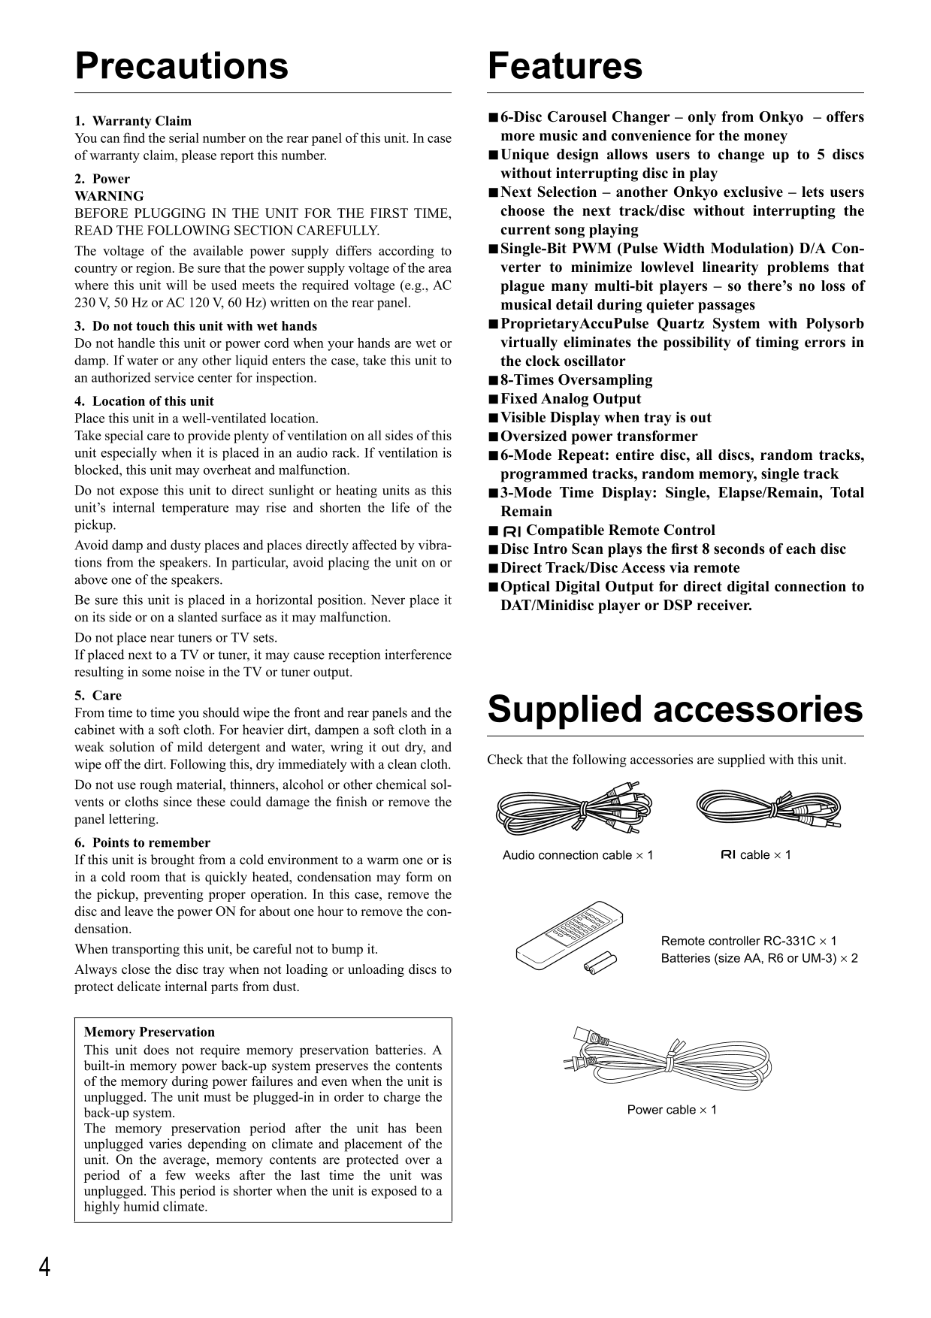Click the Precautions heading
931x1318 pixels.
pyautogui.click(x=181, y=66)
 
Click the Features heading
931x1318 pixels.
pyautogui.click(x=565, y=66)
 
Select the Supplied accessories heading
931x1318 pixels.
pyautogui.click(x=675, y=710)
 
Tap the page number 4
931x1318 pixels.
pyautogui.click(x=45, y=1268)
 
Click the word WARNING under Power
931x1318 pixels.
pyautogui.click(x=109, y=196)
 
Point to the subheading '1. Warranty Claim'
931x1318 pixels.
pyautogui.click(x=133, y=121)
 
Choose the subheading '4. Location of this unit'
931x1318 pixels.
pyautogui.click(x=144, y=401)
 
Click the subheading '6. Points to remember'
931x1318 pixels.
pyautogui.click(x=143, y=843)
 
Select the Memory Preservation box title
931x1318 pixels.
pyautogui.click(x=150, y=1032)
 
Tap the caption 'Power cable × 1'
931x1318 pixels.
pyautogui.click(x=672, y=1110)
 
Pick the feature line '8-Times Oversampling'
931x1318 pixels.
pyautogui.click(x=576, y=380)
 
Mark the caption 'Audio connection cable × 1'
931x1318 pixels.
pyautogui.click(x=578, y=855)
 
